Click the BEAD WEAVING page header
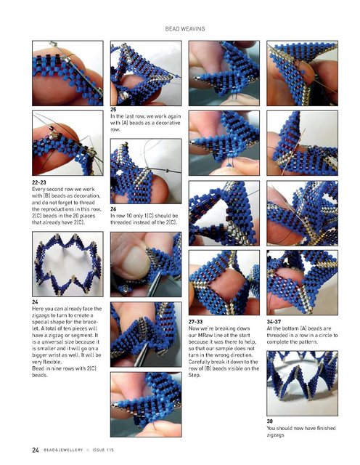(185, 29)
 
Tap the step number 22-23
(38, 182)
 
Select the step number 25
(113, 110)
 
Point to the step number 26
(113, 209)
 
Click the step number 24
(35, 302)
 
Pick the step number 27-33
(195, 321)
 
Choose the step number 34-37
(274, 321)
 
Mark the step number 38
(269, 421)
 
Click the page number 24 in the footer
(36, 450)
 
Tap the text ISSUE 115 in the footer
(103, 450)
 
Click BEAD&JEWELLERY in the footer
(63, 450)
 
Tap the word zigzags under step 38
(275, 434)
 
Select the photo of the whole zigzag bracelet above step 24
(67, 264)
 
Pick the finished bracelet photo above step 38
(302, 383)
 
